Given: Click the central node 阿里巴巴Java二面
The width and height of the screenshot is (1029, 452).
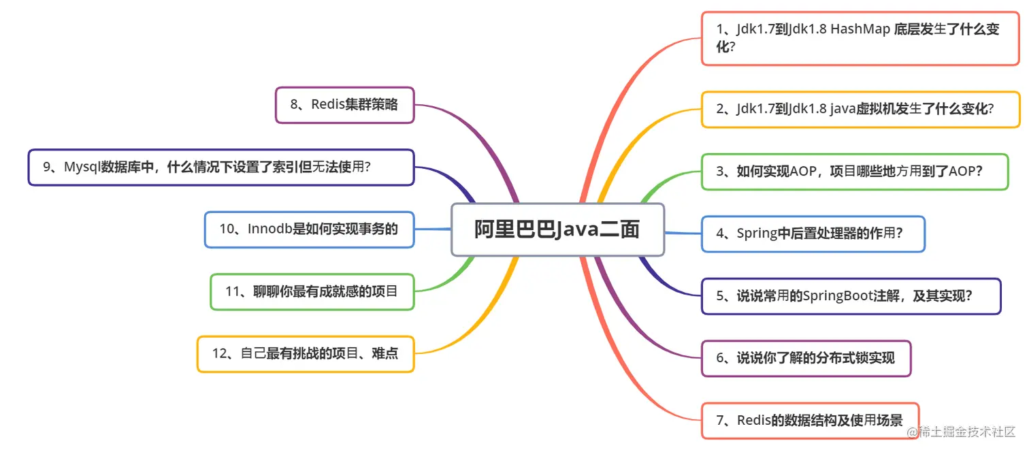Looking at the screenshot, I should pyautogui.click(x=557, y=230).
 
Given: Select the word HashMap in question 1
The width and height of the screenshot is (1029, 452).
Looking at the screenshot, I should pyautogui.click(x=860, y=30).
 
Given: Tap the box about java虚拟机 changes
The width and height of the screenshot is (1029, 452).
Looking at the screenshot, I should pyautogui.click(x=860, y=109).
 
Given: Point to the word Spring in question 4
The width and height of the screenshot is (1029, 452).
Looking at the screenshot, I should pyautogui.click(x=757, y=233).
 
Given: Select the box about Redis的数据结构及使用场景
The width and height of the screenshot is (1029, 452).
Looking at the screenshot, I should pyautogui.click(x=809, y=421).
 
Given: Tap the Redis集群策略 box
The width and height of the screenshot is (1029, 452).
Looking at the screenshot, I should pyautogui.click(x=344, y=105).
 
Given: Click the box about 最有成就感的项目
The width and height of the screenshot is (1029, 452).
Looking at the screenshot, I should pyautogui.click(x=312, y=292).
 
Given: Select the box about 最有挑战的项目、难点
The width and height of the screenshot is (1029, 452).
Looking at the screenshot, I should pyautogui.click(x=305, y=354).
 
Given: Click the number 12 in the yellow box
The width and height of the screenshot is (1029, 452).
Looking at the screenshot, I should pyautogui.click(x=219, y=354).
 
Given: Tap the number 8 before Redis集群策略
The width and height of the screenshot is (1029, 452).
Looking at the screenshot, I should pyautogui.click(x=294, y=105).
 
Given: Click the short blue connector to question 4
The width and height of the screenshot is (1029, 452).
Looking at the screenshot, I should pyautogui.click(x=683, y=233).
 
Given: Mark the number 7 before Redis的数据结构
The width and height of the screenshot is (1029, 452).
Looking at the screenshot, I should pyautogui.click(x=720, y=421).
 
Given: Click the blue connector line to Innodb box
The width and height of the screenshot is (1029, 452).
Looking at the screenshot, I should pyautogui.click(x=433, y=229).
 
